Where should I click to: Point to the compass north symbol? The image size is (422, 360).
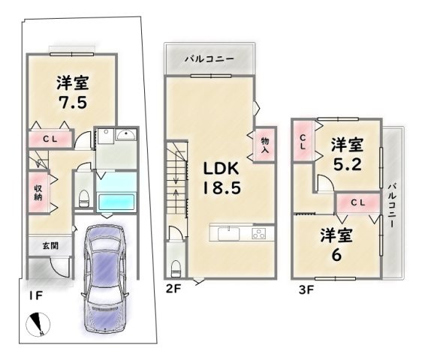pos(38,325)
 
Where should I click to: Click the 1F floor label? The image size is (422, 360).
pos(35,296)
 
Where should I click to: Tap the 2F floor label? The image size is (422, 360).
pos(174,287)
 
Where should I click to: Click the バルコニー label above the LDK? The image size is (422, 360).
pos(209,58)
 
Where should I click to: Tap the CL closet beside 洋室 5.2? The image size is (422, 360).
pos(302,141)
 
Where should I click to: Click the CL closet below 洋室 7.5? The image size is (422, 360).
pos(50,139)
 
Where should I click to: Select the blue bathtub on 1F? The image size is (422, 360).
pos(117,201)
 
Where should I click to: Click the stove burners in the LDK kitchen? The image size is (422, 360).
pos(258,233)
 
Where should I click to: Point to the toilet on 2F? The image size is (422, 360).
pos(175,267)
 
